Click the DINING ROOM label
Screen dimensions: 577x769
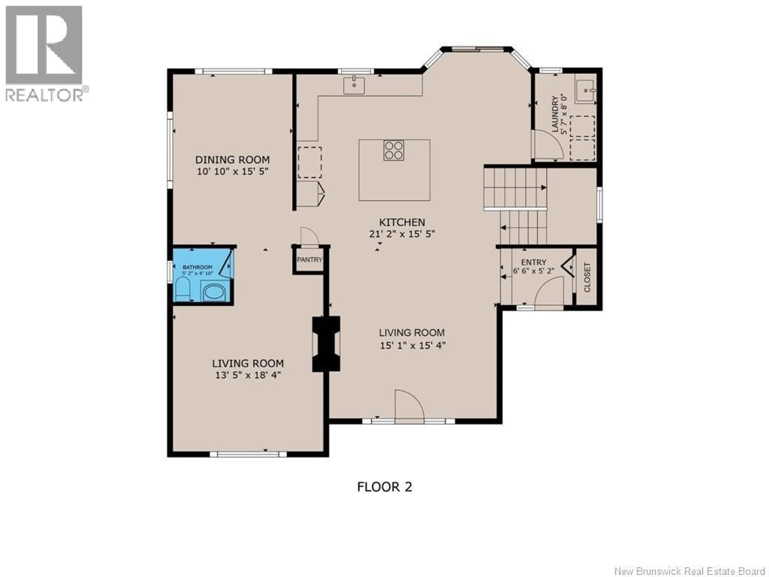click(232, 160)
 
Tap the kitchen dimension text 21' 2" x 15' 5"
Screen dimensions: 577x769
click(402, 234)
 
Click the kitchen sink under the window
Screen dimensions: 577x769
click(354, 86)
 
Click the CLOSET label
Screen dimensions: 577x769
click(587, 277)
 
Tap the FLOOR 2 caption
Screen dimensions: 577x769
click(384, 487)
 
